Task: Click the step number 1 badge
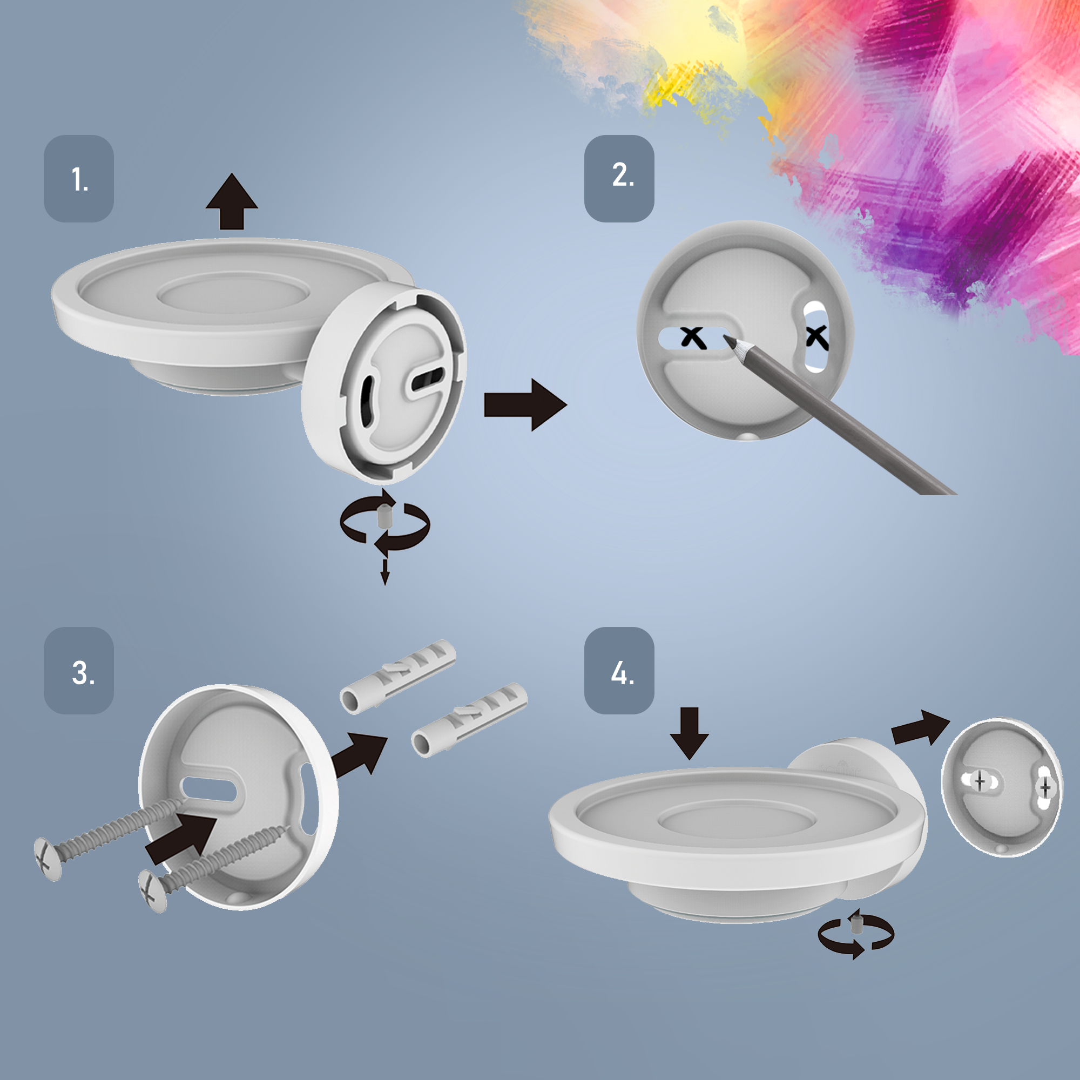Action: (x=79, y=178)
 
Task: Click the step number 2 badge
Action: (x=619, y=178)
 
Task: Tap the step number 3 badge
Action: (x=79, y=670)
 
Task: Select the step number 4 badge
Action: (x=619, y=670)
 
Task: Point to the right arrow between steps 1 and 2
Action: (x=525, y=404)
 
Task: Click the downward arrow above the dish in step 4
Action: (x=689, y=733)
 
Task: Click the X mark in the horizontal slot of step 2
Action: (x=693, y=337)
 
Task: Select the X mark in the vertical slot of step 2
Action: (x=816, y=337)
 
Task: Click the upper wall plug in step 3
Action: (x=398, y=677)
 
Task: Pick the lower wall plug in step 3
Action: (x=469, y=719)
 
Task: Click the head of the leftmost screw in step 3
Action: (x=47, y=859)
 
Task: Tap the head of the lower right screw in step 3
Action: (x=153, y=891)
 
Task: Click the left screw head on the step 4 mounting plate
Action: (x=980, y=780)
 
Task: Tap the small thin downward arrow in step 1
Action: (x=384, y=571)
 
